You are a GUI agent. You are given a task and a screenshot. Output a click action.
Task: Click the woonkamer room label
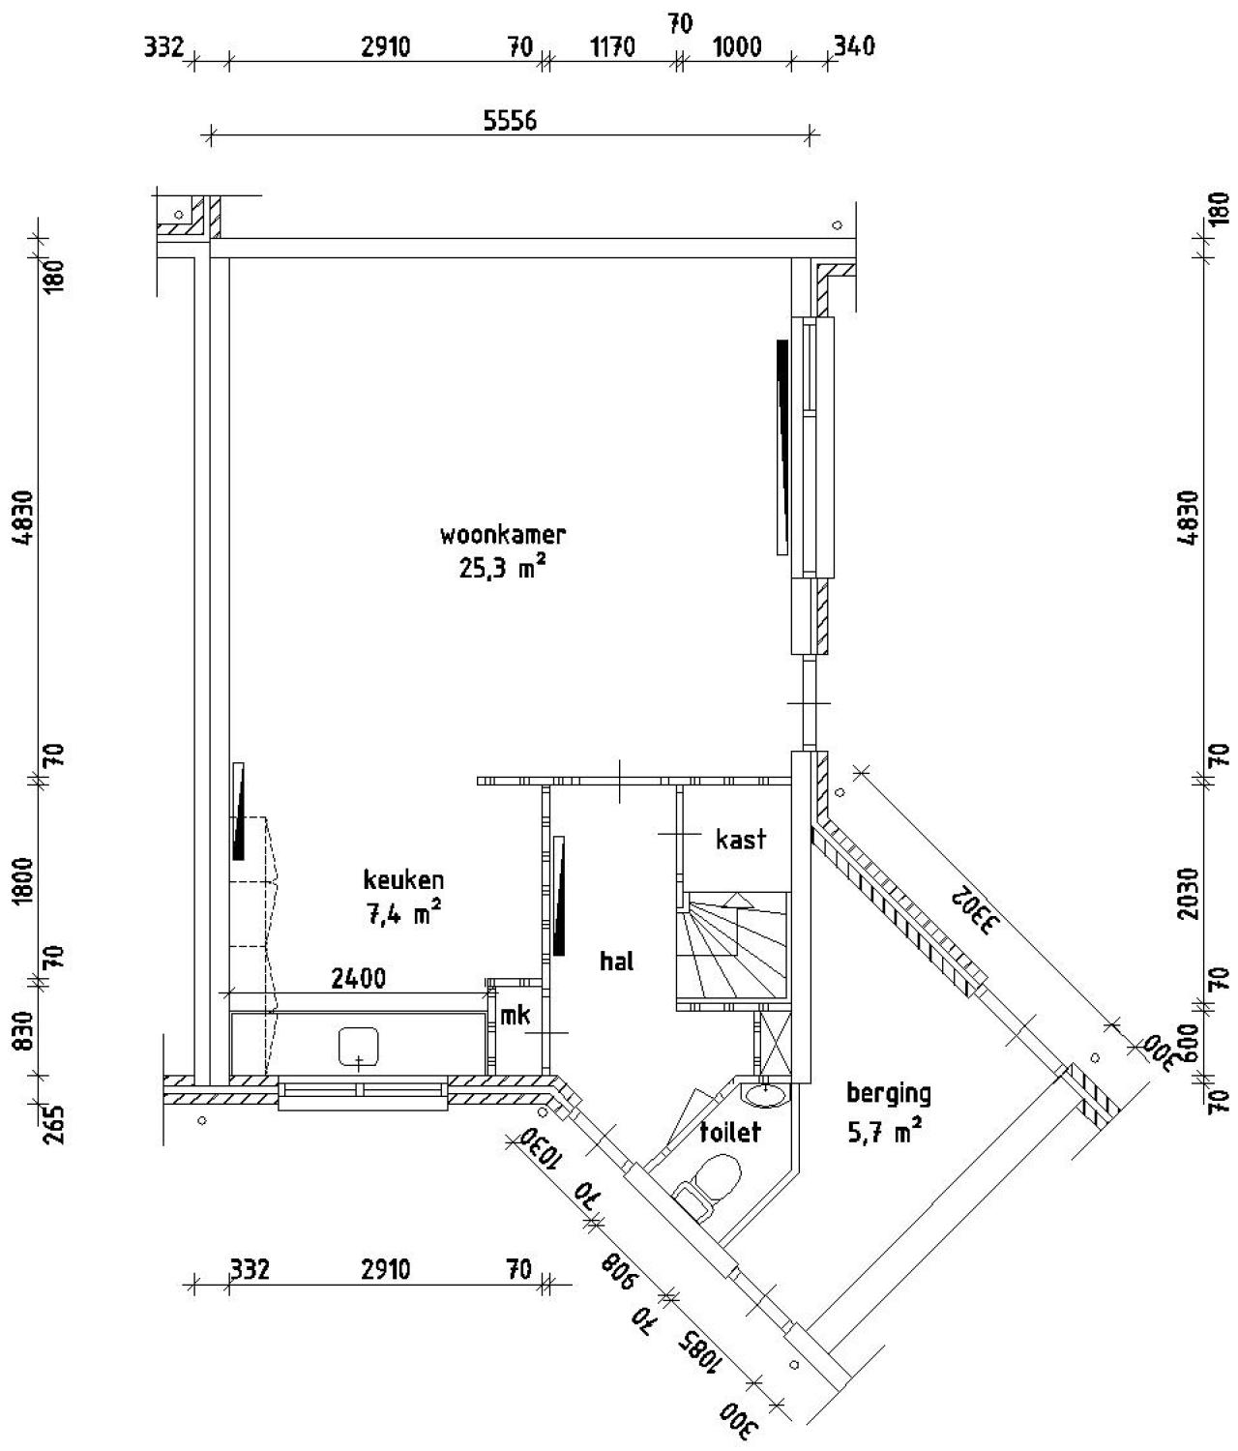[502, 534]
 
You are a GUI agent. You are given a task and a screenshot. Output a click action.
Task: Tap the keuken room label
[403, 879]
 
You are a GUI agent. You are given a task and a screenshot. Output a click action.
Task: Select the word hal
[616, 961]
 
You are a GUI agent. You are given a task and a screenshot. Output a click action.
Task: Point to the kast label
[741, 839]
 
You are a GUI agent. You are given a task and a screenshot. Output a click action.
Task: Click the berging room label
[888, 1093]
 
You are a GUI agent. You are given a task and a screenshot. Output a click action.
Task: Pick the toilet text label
[730, 1131]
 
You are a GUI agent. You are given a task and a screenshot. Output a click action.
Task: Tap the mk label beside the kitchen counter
[515, 1015]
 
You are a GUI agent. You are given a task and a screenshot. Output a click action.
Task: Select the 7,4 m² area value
[403, 912]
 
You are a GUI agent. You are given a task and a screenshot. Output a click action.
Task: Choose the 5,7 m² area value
[884, 1130]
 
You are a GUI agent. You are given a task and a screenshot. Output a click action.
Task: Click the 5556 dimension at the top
[510, 121]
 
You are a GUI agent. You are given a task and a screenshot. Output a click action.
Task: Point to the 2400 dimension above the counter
[358, 979]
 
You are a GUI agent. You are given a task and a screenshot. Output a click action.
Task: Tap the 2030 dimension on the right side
[1190, 894]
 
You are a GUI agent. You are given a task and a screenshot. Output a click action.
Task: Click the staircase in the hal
[732, 951]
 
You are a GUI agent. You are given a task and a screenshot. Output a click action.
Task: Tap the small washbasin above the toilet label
[767, 1094]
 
